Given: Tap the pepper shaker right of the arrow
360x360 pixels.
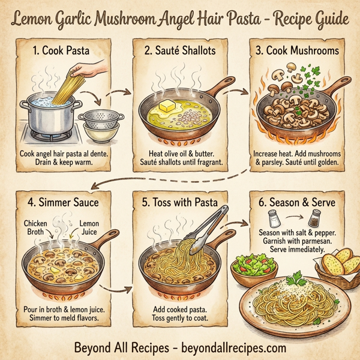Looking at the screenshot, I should point(314,220).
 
